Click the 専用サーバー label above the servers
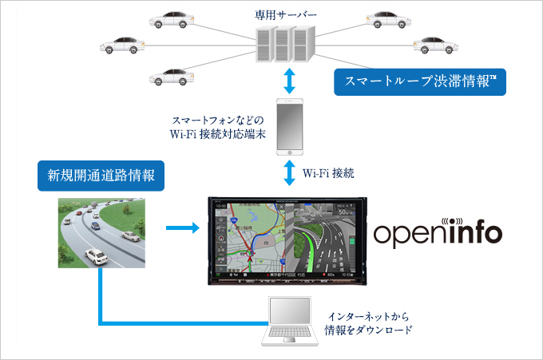285,14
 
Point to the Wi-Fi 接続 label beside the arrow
329,172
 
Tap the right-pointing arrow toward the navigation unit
182,229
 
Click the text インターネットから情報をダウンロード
368,322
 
